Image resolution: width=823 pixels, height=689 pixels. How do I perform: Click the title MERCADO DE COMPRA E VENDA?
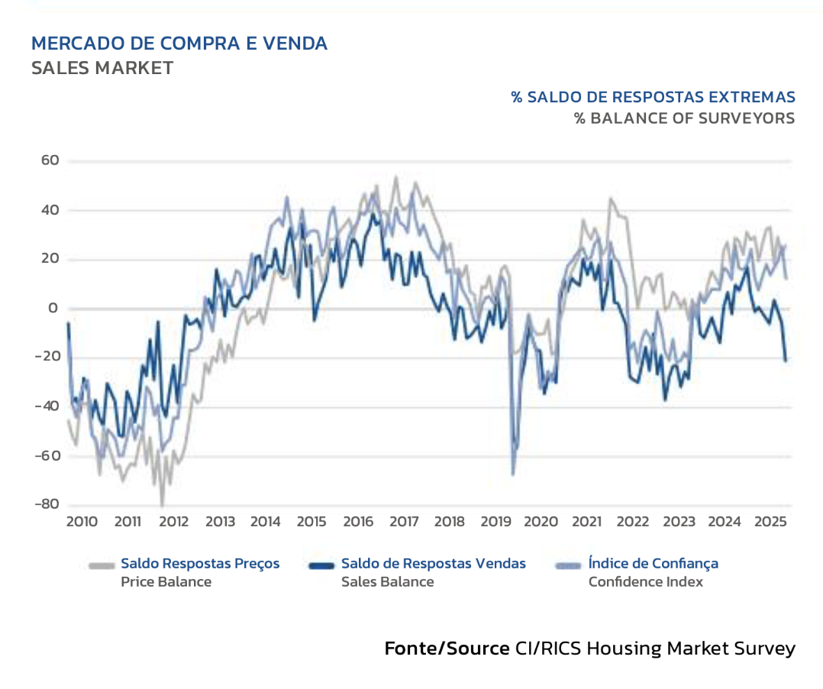tap(179, 44)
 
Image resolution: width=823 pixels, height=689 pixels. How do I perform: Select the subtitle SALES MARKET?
tap(102, 68)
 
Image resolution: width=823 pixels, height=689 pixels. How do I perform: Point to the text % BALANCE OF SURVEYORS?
tap(684, 118)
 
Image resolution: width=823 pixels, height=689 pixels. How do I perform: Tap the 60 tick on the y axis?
tap(51, 161)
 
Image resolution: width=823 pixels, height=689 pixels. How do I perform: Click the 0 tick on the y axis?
tap(54, 309)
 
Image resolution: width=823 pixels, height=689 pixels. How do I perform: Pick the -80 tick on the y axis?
tap(47, 504)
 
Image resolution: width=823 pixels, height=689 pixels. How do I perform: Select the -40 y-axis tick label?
tap(47, 406)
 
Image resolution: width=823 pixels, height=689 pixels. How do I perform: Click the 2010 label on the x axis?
tap(82, 522)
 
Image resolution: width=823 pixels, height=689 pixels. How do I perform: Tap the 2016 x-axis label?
tap(357, 522)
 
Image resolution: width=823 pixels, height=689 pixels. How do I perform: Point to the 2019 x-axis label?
tap(495, 522)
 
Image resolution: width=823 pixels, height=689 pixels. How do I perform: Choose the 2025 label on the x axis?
tap(770, 522)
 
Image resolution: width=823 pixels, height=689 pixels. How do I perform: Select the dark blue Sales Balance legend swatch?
tap(321, 565)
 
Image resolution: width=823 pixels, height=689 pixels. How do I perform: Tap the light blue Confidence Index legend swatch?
tap(569, 565)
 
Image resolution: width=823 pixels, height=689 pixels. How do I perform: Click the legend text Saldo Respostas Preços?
tap(200, 564)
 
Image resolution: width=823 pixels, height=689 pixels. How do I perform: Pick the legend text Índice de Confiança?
tap(653, 564)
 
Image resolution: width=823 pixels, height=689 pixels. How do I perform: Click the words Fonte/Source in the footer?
tap(447, 649)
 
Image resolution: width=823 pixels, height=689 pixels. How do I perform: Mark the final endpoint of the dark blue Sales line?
tap(786, 360)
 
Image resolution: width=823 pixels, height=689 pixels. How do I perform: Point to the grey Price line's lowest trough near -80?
tap(162, 504)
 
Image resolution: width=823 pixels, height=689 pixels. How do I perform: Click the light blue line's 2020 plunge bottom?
tap(513, 474)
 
